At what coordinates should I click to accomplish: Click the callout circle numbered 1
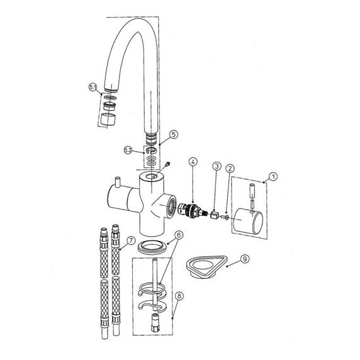click(x=273, y=177)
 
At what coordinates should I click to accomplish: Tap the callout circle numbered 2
click(x=230, y=169)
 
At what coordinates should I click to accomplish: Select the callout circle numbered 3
click(x=217, y=166)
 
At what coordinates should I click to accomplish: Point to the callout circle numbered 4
click(x=193, y=162)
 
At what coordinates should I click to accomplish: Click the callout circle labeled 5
click(x=174, y=134)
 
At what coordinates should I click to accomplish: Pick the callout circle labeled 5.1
click(x=93, y=87)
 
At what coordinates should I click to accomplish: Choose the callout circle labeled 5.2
click(x=128, y=150)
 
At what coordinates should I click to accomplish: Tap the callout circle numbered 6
click(x=179, y=235)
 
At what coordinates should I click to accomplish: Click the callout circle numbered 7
click(x=131, y=240)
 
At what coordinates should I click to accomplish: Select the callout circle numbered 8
click(x=179, y=296)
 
